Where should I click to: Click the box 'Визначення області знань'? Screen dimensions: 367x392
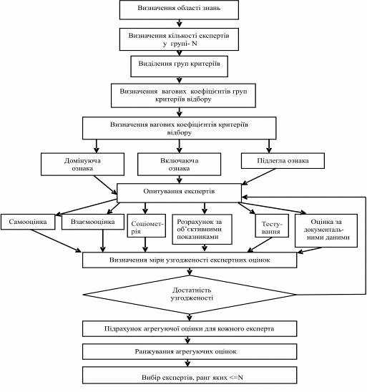[x=179, y=10]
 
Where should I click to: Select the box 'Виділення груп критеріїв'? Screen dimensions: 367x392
[x=180, y=67]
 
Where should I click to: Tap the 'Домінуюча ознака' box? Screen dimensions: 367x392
[x=82, y=165]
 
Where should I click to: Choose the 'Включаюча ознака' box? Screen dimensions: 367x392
[x=180, y=165]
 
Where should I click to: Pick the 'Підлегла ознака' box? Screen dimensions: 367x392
[x=283, y=161]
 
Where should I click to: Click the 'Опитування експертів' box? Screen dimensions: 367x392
[x=180, y=193]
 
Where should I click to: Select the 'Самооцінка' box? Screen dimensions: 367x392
[x=28, y=222]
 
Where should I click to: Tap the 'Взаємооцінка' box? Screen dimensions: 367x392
[x=93, y=222]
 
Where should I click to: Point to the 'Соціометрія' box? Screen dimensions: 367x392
[x=146, y=225]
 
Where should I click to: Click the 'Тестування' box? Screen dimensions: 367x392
[x=272, y=225]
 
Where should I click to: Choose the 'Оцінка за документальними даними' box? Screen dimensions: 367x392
[x=326, y=230]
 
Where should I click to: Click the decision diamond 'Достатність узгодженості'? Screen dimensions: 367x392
[x=190, y=295]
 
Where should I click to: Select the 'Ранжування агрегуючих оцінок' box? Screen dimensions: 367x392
[x=190, y=351]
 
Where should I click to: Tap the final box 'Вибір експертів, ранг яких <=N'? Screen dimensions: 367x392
[x=190, y=375]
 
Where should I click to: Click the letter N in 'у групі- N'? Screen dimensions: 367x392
[x=195, y=44]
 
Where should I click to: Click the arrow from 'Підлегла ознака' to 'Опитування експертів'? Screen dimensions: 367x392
[x=259, y=177]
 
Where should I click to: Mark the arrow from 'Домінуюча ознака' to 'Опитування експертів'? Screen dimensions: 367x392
[x=105, y=185]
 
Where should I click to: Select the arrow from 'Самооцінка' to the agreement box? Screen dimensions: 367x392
[x=56, y=240]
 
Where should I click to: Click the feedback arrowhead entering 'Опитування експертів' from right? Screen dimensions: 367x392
[x=245, y=197]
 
